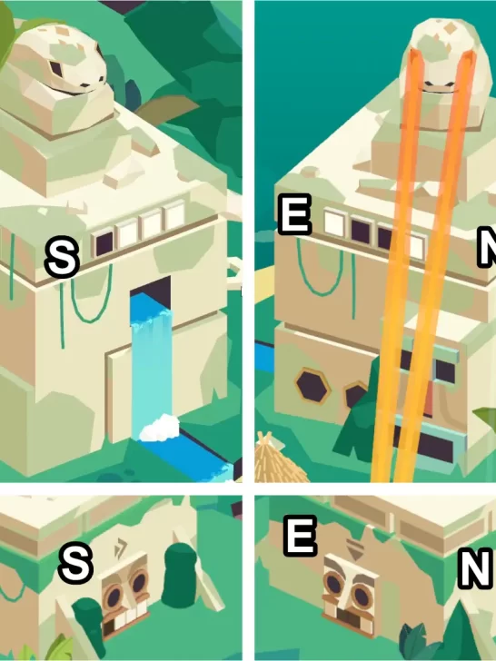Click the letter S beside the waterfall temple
tap(63, 257)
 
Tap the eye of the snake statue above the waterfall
tap(55, 68)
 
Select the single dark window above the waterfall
tap(103, 243)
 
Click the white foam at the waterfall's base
tap(159, 428)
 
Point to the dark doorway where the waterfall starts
tap(151, 289)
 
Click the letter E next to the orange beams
tap(295, 214)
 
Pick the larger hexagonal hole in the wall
tap(312, 385)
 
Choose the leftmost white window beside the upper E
tap(334, 224)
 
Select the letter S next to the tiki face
tap(75, 563)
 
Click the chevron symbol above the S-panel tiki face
tap(121, 548)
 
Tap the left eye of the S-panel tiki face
tap(113, 597)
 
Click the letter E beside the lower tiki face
tap(301, 536)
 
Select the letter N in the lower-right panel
tap(476, 568)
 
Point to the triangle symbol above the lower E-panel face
tap(355, 549)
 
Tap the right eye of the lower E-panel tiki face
tap(362, 597)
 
